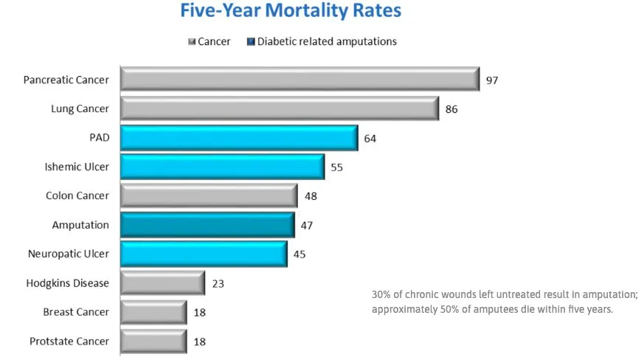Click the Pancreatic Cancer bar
pyautogui.click(x=300, y=80)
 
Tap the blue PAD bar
pyautogui.click(x=238, y=138)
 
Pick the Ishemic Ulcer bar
pyautogui.click(x=222, y=167)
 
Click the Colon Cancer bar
pyautogui.click(x=209, y=195)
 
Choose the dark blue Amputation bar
pyautogui.click(x=207, y=225)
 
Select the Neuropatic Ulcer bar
pyautogui.click(x=204, y=254)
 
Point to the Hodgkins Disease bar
pyautogui.click(x=162, y=283)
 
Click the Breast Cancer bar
pyautogui.click(x=153, y=312)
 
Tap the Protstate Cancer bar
pyautogui.click(x=153, y=341)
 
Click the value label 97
pyautogui.click(x=492, y=80)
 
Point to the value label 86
pyautogui.click(x=451, y=109)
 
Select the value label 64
pyautogui.click(x=370, y=138)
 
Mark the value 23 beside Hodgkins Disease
pyautogui.click(x=218, y=283)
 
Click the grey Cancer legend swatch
pyautogui.click(x=191, y=42)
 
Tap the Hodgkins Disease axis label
pyautogui.click(x=67, y=283)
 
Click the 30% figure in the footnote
pyautogui.click(x=381, y=294)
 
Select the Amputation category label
pyautogui.click(x=80, y=225)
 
